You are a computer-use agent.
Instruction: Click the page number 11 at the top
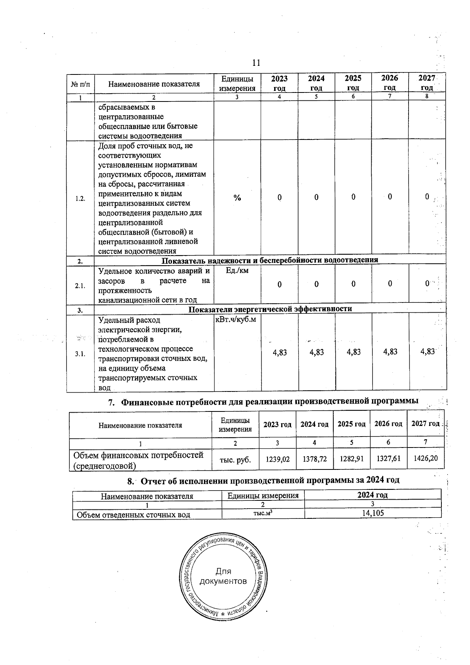[256, 63]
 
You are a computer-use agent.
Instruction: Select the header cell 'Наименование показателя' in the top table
[154, 83]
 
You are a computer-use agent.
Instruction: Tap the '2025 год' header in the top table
[353, 83]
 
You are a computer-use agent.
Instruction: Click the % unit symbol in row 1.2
[237, 198]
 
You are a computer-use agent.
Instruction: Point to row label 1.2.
[80, 198]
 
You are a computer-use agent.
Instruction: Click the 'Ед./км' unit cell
[237, 270]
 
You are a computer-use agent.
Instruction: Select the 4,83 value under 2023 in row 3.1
[280, 352]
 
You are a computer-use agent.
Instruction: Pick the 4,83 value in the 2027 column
[428, 352]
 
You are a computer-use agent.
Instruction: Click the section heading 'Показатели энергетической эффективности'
[270, 309]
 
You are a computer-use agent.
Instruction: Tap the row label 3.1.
[80, 354]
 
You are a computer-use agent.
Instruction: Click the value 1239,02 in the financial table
[278, 459]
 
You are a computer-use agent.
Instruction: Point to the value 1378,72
[315, 459]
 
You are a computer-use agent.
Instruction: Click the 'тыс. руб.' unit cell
[235, 459]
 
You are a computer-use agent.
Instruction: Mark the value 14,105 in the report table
[372, 513]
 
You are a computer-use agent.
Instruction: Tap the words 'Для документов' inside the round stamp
[223, 576]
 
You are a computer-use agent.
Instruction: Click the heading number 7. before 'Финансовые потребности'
[112, 402]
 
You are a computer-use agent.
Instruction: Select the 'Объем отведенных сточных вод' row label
[134, 515]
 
